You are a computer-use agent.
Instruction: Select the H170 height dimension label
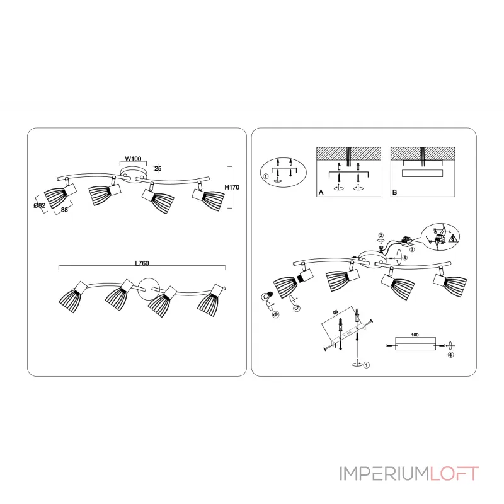[234, 188]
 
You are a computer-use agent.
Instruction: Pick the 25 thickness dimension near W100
[158, 168]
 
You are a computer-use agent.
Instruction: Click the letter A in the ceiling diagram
[321, 193]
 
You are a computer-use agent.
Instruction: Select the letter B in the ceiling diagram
[395, 193]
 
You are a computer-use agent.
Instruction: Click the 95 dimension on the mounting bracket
[336, 312]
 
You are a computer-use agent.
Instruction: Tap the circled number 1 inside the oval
[266, 178]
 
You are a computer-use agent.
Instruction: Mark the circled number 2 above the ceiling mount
[381, 236]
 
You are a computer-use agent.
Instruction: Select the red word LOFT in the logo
[455, 473]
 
